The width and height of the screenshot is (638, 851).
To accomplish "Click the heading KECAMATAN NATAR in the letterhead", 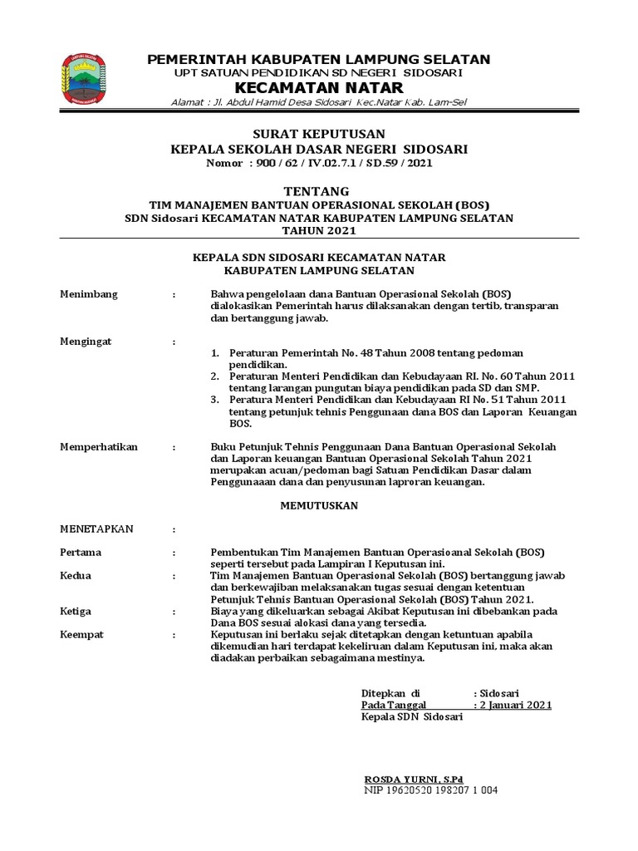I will coord(319,88).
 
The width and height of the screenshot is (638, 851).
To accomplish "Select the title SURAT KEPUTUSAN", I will coord(319,134).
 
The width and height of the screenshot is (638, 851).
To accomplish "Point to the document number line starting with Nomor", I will coord(319,164).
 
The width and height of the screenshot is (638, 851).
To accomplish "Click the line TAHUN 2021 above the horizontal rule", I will coord(319,229).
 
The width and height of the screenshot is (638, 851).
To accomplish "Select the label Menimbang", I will coord(89,294).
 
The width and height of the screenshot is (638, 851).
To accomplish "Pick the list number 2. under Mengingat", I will coord(214,376).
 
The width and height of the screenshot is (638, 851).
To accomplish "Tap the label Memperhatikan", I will coord(97,447).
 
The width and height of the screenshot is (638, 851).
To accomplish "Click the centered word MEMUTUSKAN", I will coord(319,504).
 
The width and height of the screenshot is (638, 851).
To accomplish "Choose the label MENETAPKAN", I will coord(96,529).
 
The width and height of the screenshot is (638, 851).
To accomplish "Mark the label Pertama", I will coord(81,552).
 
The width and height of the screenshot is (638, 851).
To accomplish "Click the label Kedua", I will coord(76,575).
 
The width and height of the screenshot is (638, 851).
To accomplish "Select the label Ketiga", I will coord(76,611).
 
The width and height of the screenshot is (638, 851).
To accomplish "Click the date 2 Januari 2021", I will coord(516,705).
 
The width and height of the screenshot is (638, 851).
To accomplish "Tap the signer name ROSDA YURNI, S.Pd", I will coord(414,779).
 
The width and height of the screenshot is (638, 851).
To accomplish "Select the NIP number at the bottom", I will coord(430,790).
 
